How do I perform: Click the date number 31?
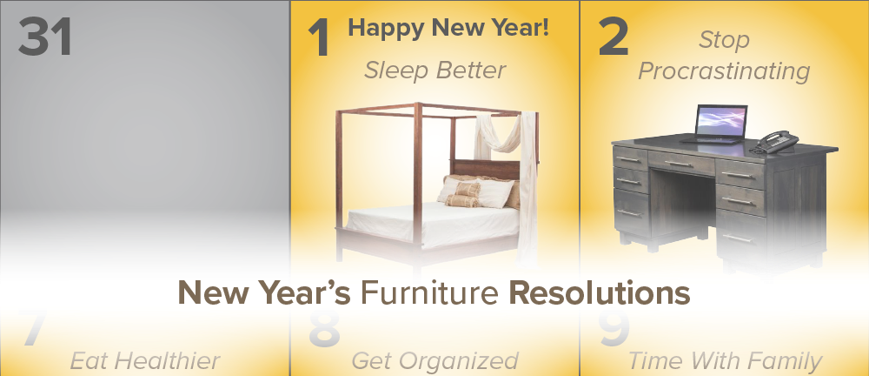(45, 37)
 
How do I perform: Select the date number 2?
(614, 37)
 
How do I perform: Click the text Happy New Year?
(448, 28)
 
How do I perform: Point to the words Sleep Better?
(435, 70)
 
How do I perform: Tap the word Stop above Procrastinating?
(724, 39)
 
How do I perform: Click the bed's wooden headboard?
(486, 169)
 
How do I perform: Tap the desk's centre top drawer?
(681, 162)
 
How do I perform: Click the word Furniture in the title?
(429, 292)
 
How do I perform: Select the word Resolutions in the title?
(599, 292)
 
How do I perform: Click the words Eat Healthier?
(145, 361)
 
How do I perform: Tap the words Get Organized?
(435, 361)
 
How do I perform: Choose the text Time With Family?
(725, 361)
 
